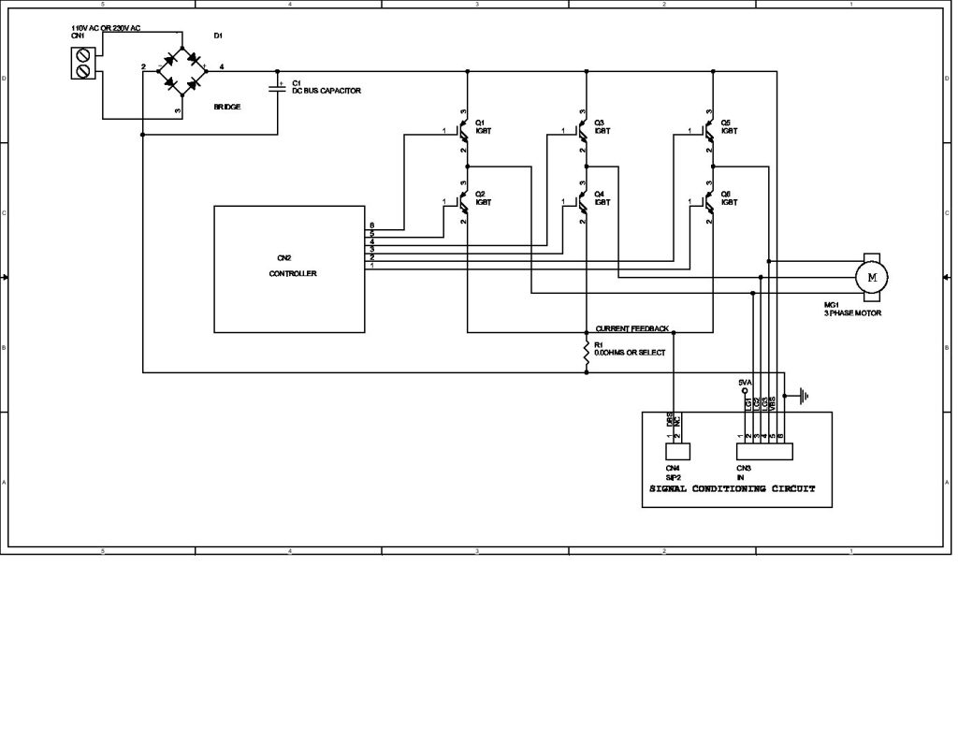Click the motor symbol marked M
[872, 277]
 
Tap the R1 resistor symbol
[587, 352]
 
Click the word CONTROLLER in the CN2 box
[293, 274]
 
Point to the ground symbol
[802, 396]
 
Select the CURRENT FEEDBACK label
[632, 329]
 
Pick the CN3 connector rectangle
[764, 451]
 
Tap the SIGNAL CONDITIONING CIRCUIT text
[733, 489]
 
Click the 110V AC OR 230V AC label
[106, 29]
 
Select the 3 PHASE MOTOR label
[852, 313]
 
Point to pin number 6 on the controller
[371, 226]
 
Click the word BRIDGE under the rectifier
[227, 108]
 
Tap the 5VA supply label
[746, 382]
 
